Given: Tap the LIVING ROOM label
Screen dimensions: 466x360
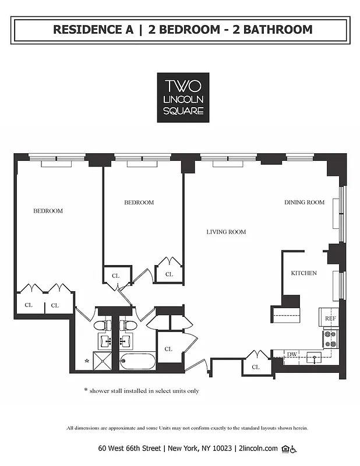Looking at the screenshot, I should click(x=226, y=232).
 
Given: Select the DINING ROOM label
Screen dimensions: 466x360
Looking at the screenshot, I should click(x=304, y=203).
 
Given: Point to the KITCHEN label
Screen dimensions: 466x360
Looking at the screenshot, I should click(x=303, y=273).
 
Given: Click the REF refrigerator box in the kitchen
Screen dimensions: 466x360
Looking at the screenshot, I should click(x=330, y=319).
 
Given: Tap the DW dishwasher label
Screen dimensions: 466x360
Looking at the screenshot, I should click(x=291, y=354).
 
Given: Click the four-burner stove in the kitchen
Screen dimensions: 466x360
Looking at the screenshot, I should click(x=330, y=339).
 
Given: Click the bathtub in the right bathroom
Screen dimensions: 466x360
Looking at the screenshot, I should click(x=137, y=362).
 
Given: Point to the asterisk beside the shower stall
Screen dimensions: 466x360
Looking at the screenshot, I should click(x=87, y=362).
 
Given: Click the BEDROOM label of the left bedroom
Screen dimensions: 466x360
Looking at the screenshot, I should click(x=48, y=211).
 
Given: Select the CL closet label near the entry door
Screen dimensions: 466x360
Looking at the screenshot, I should click(x=256, y=367).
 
